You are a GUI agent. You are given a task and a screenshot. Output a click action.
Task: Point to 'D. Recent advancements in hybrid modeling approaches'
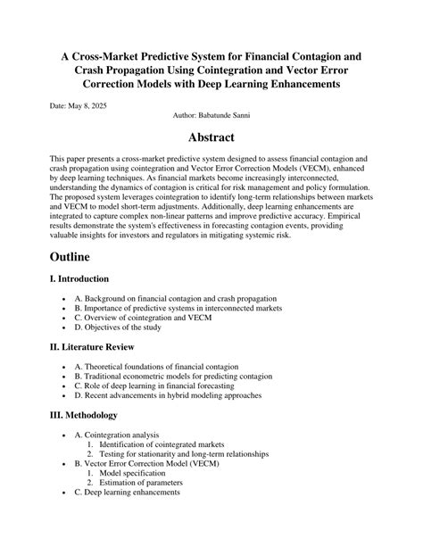tap(180, 395)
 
